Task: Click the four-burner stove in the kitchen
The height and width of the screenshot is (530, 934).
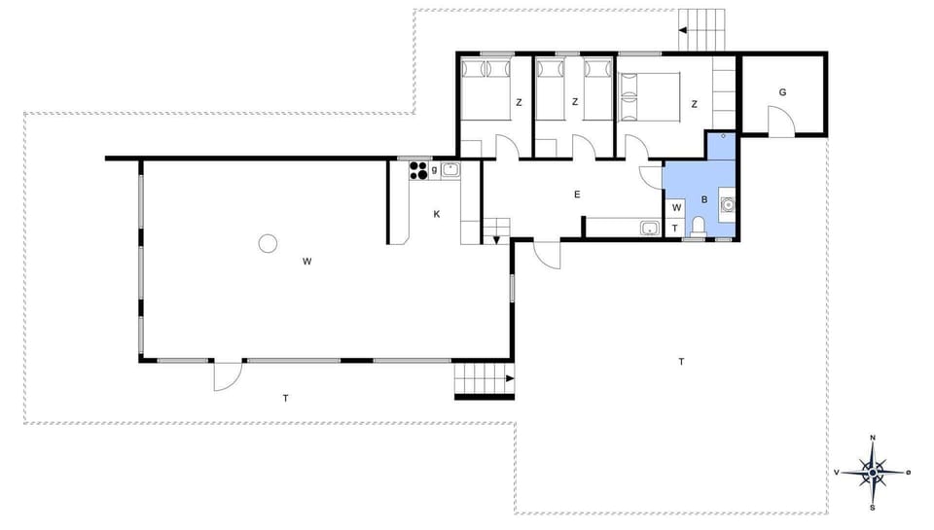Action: [418, 170]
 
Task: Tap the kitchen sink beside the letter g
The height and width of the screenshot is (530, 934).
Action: [449, 170]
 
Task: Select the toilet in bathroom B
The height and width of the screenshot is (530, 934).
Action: [698, 227]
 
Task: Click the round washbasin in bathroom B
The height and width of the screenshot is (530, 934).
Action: [727, 204]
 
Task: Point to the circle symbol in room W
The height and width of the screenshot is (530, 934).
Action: [267, 243]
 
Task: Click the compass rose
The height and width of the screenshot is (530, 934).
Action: [874, 473]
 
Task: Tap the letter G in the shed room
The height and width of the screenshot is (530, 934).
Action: [782, 93]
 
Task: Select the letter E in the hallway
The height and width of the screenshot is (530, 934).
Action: [577, 195]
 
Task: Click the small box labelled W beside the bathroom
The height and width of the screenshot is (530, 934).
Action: [676, 208]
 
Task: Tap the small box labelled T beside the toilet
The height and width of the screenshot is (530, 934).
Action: [676, 229]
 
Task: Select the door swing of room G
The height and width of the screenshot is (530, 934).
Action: [781, 123]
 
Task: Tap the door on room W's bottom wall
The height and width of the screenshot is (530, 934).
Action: [228, 375]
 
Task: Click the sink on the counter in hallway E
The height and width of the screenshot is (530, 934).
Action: [650, 228]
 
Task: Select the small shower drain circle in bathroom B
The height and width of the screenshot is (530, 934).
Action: [723, 137]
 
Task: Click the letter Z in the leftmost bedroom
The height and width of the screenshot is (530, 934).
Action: [519, 102]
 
